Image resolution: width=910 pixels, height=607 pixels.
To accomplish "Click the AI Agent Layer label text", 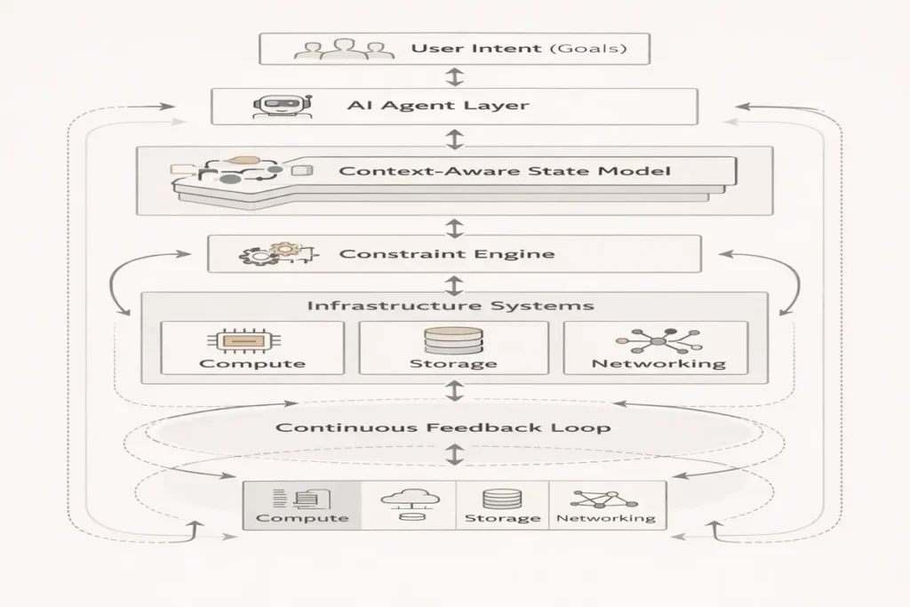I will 437,107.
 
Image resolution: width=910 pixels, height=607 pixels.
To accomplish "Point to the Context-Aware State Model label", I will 505,170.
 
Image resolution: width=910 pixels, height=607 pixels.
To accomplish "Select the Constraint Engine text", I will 447,254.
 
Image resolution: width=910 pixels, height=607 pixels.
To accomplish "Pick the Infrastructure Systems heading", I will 451,306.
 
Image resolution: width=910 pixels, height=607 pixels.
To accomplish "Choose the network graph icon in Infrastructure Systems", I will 659,341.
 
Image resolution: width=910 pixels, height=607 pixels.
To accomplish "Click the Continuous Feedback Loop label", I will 443,427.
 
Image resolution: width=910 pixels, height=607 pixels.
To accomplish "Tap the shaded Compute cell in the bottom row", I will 302,506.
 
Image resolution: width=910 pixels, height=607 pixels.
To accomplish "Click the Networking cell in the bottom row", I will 606,506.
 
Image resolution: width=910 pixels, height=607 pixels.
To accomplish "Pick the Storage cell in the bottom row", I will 501,506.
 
